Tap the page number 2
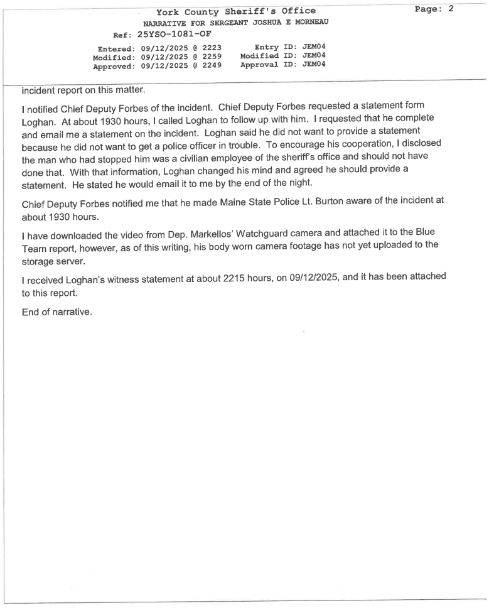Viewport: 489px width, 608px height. tap(450, 9)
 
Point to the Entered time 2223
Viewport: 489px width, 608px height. tap(212, 48)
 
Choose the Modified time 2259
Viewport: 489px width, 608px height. tap(212, 57)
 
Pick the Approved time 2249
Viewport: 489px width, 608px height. tap(212, 66)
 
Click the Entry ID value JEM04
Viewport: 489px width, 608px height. tap(314, 47)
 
